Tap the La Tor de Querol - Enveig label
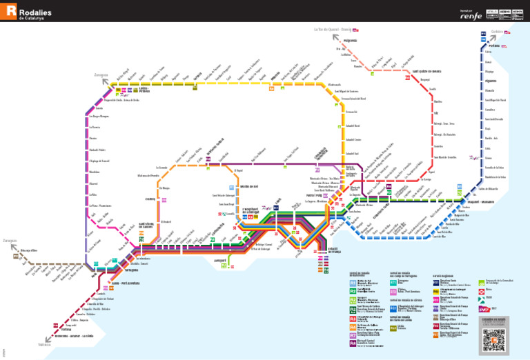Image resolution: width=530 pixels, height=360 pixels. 333,30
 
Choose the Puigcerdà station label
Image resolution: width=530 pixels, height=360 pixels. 350,41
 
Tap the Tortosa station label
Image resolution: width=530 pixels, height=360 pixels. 66,330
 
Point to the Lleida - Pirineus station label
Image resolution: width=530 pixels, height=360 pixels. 144,89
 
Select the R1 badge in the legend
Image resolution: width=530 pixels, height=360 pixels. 353,282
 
